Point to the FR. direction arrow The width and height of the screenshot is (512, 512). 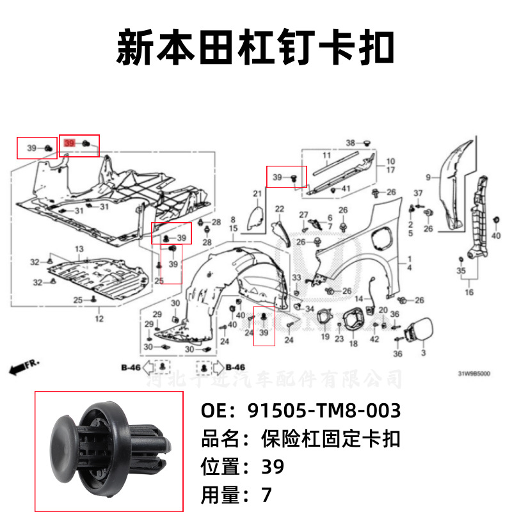point(25,367)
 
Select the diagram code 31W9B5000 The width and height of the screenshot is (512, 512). point(474,374)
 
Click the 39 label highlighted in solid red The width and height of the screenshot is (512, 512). point(70,145)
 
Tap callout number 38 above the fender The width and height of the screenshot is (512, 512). point(350,142)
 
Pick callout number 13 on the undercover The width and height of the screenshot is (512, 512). point(79,248)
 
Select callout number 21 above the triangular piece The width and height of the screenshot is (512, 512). point(257,193)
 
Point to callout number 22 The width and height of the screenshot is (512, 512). point(280,209)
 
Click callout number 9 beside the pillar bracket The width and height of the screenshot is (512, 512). point(429,176)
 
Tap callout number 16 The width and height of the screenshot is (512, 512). point(469,292)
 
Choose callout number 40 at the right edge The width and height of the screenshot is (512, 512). point(495,236)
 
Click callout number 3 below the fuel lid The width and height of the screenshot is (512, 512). point(423,353)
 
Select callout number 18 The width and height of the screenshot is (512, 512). point(353,344)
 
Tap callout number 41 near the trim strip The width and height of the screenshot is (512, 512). point(346,188)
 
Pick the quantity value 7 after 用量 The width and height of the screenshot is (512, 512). point(267,495)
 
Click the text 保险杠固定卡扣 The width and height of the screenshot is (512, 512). point(331,439)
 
